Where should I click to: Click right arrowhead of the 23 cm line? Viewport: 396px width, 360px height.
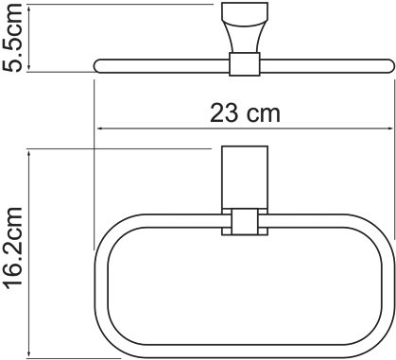click(x=388, y=129)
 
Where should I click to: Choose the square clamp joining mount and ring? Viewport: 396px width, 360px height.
click(x=244, y=223)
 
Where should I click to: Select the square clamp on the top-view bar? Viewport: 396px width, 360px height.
click(x=244, y=64)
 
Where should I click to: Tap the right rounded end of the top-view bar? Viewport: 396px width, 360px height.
click(x=387, y=64)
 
